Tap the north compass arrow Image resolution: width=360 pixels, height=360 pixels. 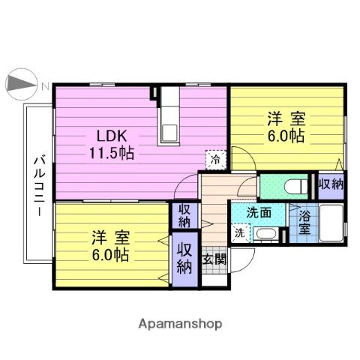(21, 84)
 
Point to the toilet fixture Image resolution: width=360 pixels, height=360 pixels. (292, 185)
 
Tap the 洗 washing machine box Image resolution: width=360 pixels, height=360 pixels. (238, 232)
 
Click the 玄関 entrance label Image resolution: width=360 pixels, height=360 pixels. (214, 259)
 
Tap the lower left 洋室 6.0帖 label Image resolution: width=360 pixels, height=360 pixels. (110, 246)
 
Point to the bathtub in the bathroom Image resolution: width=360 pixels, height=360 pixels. (330, 223)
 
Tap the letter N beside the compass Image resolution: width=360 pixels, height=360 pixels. (45, 85)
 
